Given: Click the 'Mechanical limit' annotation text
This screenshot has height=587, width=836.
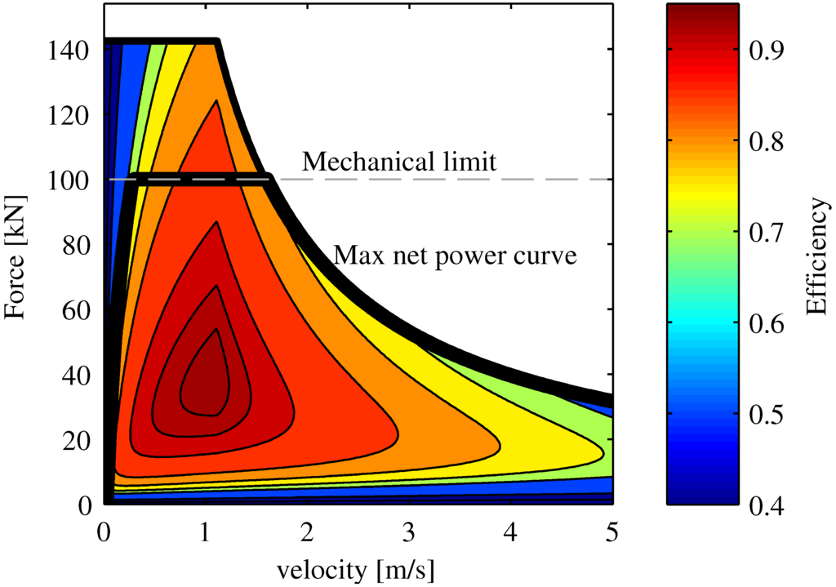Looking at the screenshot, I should (398, 162).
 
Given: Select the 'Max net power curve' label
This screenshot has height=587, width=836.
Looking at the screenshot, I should (455, 256).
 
